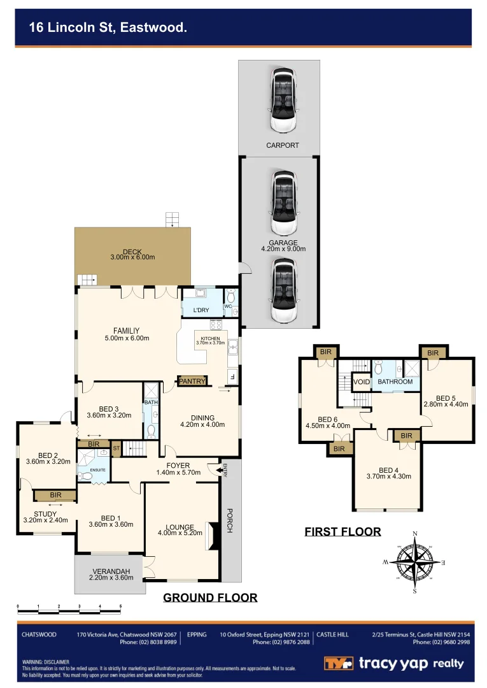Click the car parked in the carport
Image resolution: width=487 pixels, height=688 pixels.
(x=283, y=100)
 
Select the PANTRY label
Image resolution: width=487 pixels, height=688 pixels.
(x=192, y=381)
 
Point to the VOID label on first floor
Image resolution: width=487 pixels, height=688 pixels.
(x=361, y=382)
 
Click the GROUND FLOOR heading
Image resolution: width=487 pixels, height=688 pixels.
(x=210, y=598)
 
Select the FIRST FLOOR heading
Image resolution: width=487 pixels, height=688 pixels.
(x=342, y=531)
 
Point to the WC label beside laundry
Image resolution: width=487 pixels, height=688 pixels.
(x=228, y=306)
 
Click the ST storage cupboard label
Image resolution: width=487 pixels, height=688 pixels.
(x=116, y=448)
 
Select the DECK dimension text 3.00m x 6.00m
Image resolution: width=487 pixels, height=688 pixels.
(x=132, y=258)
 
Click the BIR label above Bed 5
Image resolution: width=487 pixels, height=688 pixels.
(x=433, y=353)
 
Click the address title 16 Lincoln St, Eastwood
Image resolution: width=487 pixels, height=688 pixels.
(x=108, y=27)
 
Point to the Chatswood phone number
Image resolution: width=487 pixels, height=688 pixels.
(x=152, y=642)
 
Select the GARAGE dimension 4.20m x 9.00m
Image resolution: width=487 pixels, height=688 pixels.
(x=283, y=249)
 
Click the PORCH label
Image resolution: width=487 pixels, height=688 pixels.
(x=231, y=521)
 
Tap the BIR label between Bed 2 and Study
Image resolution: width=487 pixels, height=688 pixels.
(x=55, y=495)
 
